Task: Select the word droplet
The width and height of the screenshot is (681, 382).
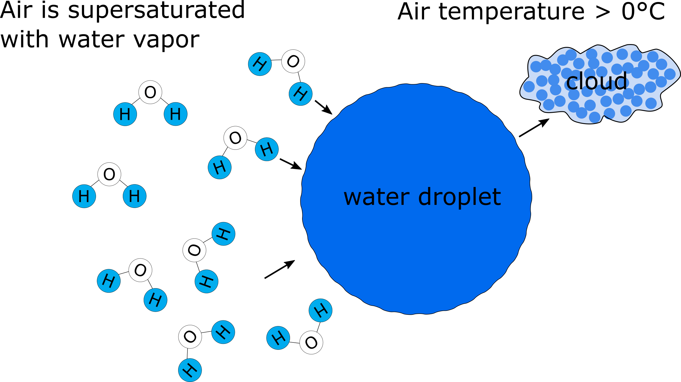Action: tap(459, 197)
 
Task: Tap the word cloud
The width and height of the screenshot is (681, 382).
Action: tap(597, 81)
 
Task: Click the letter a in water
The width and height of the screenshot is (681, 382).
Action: tap(367, 197)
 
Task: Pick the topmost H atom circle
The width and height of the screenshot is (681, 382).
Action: tap(260, 64)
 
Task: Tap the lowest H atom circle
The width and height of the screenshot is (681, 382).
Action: tap(190, 370)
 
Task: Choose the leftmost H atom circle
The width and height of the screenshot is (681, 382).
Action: tap(84, 196)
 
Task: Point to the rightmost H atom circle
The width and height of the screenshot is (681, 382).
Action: tap(320, 311)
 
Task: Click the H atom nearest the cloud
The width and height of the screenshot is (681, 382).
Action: tap(301, 94)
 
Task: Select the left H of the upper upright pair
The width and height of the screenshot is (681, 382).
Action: tap(125, 114)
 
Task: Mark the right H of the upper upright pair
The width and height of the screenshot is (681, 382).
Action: tap(176, 114)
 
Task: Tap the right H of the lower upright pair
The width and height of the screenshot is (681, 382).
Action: tap(135, 196)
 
